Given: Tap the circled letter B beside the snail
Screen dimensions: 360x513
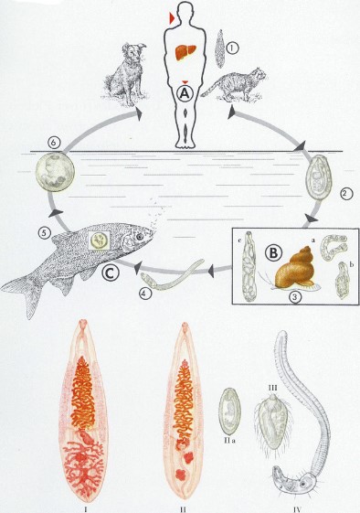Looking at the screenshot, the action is point(272,252).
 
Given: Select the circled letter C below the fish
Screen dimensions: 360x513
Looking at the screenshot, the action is point(110,273).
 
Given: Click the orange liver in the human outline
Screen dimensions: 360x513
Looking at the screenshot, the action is point(185,52).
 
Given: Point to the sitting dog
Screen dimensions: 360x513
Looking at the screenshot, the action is point(126,74).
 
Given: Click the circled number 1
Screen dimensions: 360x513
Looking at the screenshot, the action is point(232,48).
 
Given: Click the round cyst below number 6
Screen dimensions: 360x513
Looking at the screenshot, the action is point(55,172).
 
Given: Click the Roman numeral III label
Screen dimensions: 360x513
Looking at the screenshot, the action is point(272,388).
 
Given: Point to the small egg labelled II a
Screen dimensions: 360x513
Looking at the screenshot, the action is point(230,411).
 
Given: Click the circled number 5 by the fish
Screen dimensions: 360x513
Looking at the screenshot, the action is point(43,233).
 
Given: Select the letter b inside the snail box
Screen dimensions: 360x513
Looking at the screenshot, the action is point(352,264).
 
